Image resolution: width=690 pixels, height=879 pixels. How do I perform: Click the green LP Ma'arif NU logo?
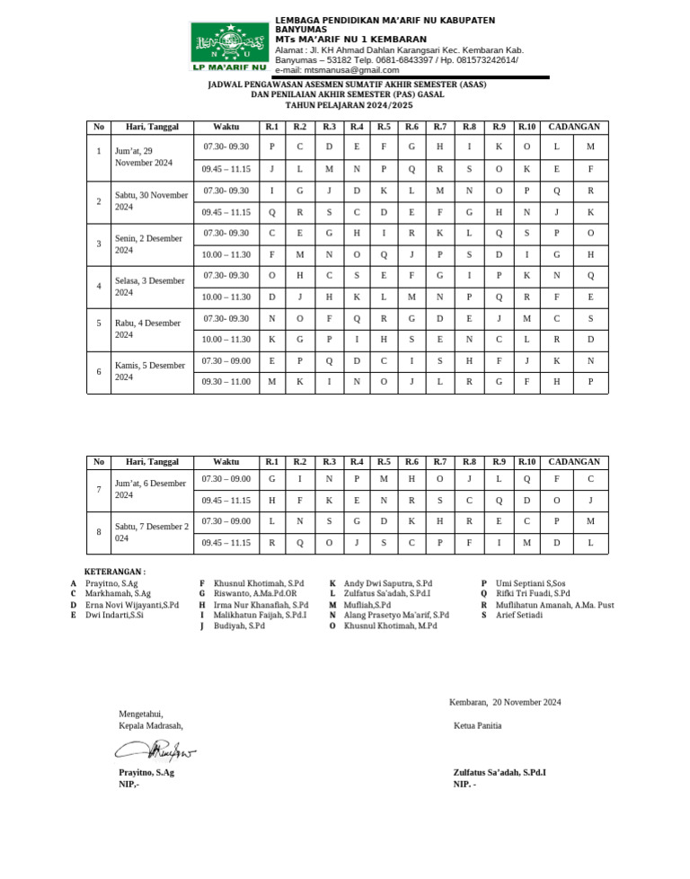click(x=229, y=47)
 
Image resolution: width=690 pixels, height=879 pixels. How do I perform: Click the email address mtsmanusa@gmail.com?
click(x=350, y=69)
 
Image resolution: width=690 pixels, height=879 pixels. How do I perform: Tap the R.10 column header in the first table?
click(x=526, y=127)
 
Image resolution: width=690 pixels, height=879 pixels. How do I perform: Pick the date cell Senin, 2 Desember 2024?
click(x=148, y=244)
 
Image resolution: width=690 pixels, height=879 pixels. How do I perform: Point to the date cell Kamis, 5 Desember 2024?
click(x=150, y=371)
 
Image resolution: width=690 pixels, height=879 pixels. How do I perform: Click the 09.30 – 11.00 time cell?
click(x=226, y=381)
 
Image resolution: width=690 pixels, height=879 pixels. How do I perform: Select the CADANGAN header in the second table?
click(x=574, y=461)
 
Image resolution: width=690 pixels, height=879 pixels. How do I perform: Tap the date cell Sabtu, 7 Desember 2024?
click(x=151, y=531)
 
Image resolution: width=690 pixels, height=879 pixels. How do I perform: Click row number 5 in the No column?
click(x=99, y=329)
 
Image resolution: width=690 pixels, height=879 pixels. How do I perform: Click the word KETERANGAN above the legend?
click(x=114, y=572)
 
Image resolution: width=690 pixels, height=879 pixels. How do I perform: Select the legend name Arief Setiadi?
click(x=519, y=616)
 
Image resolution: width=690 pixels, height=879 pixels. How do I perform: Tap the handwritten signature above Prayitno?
click(x=155, y=749)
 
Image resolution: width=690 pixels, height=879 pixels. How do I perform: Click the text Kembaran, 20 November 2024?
click(x=505, y=702)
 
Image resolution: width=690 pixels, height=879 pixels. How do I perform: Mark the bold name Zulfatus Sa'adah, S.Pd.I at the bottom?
click(x=500, y=772)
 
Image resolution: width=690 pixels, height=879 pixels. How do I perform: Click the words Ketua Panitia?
click(x=478, y=725)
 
